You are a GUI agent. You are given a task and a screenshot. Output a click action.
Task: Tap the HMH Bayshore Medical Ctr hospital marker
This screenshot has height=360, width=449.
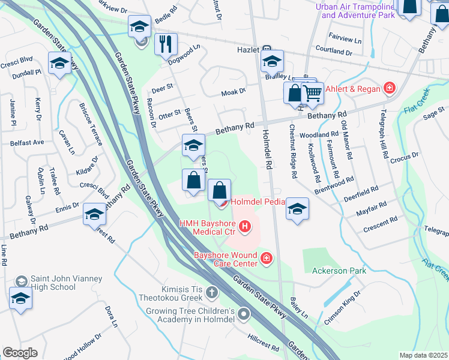coord(245,226)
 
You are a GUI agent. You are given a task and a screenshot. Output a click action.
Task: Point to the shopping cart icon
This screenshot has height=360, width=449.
coord(312,93)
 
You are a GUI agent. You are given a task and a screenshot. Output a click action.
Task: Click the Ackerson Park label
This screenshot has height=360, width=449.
coord(339,271)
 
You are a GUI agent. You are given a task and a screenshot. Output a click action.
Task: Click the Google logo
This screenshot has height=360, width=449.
coord(20,353)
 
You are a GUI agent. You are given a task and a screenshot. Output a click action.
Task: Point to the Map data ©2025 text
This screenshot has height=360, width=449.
coord(423,355)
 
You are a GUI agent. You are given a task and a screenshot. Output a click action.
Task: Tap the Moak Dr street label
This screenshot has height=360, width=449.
coord(234,92)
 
